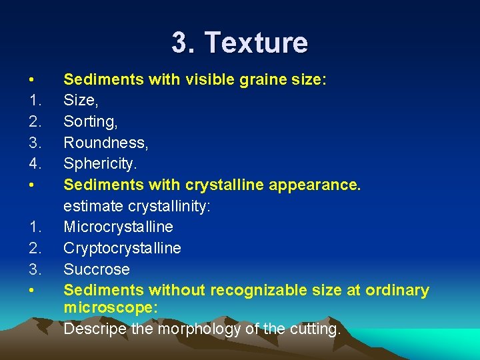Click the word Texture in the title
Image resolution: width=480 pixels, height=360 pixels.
(256, 43)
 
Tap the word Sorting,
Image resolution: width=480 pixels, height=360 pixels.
(89, 122)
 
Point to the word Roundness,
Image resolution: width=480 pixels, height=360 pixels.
(105, 143)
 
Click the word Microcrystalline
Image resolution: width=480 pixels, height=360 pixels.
(118, 227)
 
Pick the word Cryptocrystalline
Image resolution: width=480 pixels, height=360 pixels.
(122, 248)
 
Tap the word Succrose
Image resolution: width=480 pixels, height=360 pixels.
(97, 269)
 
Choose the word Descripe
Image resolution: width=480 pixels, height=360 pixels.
(93, 329)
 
